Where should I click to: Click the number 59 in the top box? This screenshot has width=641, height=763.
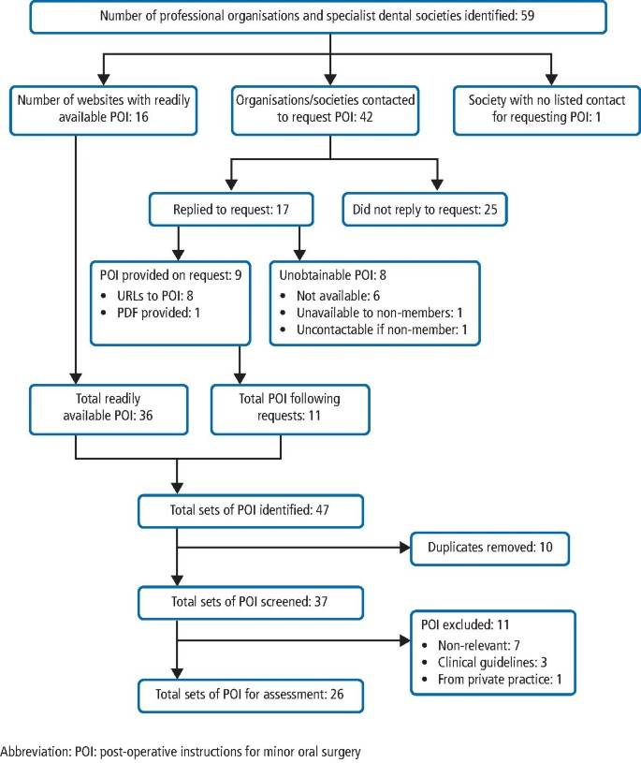pyautogui.click(x=527, y=16)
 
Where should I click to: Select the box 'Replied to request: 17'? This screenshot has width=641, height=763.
pyautogui.click(x=231, y=210)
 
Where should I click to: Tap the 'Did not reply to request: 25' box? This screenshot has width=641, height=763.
pyautogui.click(x=425, y=210)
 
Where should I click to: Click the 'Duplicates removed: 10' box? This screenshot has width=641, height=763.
pyautogui.click(x=489, y=548)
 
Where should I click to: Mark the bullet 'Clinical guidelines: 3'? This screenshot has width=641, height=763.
pyautogui.click(x=492, y=662)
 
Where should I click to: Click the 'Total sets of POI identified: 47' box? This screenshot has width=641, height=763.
pyautogui.click(x=251, y=511)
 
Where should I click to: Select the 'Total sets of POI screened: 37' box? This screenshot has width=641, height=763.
pyautogui.click(x=251, y=602)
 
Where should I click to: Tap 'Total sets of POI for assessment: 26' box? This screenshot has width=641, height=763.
pyautogui.click(x=251, y=696)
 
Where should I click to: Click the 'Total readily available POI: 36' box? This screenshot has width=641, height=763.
pyautogui.click(x=109, y=409)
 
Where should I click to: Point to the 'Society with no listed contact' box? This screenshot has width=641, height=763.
pyautogui.click(x=546, y=110)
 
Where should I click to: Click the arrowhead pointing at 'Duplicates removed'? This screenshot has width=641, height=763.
pyautogui.click(x=405, y=548)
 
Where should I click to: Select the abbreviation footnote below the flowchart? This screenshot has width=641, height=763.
pyautogui.click(x=181, y=752)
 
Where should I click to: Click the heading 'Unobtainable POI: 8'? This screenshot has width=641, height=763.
pyautogui.click(x=332, y=275)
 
